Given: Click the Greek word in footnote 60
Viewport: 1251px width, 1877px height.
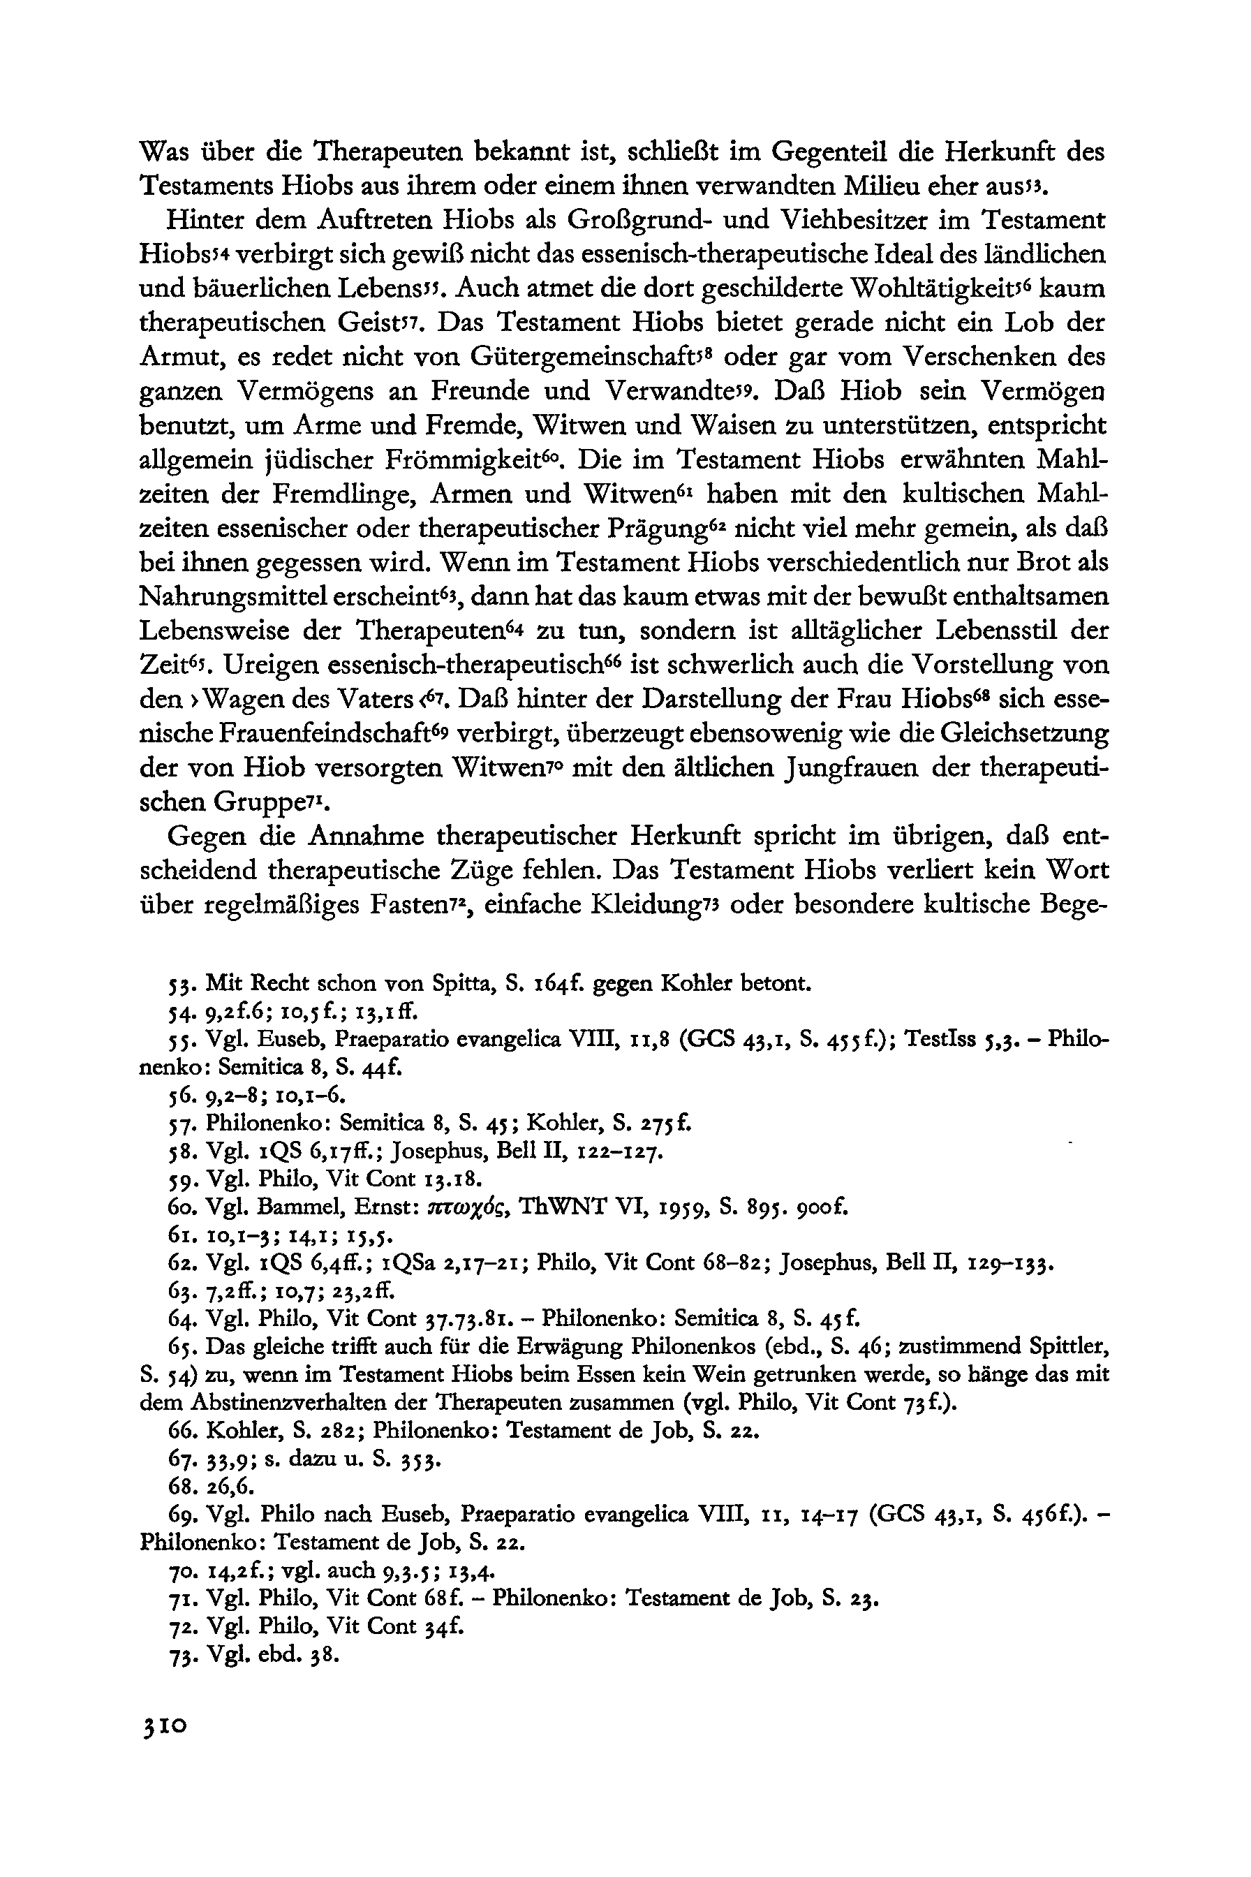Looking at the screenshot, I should point(465,1208).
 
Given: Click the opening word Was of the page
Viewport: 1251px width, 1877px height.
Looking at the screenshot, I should point(167,152).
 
